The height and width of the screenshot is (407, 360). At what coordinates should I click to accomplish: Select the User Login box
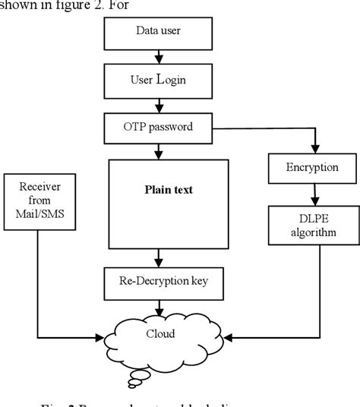tap(157, 78)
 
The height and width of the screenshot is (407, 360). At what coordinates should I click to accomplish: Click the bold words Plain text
tap(169, 190)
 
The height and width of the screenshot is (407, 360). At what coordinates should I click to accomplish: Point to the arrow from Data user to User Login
tap(157, 55)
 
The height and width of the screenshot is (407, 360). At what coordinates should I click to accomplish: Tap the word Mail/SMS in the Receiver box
tap(38, 215)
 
